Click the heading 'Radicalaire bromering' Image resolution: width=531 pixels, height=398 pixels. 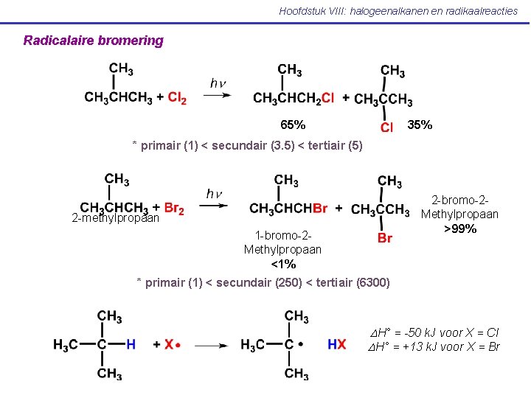tap(93, 41)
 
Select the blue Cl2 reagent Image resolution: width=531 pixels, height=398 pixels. tap(177, 98)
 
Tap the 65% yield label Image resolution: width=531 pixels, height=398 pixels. tap(293, 125)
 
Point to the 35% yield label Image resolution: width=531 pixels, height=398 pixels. tap(420, 125)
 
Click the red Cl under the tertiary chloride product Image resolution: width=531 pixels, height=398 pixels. tap(386, 128)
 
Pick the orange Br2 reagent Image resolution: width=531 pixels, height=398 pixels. tap(174, 209)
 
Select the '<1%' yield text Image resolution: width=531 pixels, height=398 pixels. tap(283, 263)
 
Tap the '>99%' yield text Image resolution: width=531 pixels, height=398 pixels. tap(459, 228)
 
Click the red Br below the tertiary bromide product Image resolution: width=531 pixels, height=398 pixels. tap(385, 238)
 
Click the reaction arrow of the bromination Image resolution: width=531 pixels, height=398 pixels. tap(214, 206)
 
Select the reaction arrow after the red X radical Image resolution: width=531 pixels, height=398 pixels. tap(212, 344)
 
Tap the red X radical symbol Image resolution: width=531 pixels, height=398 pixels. tap(170, 344)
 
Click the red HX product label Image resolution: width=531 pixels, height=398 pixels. tap(336, 344)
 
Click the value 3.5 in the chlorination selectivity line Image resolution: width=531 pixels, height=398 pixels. tap(275, 145)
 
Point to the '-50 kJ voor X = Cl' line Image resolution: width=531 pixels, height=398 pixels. tap(434, 332)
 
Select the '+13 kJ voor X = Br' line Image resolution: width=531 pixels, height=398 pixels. tap(434, 346)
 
